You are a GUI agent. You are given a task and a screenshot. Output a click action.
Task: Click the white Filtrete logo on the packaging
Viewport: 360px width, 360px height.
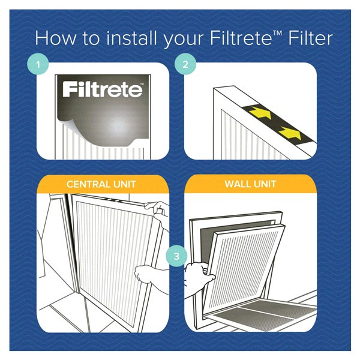click(x=103, y=90)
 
